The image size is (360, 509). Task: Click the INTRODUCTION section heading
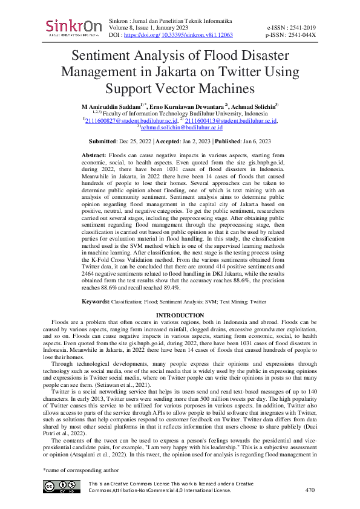[x=180, y=316]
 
